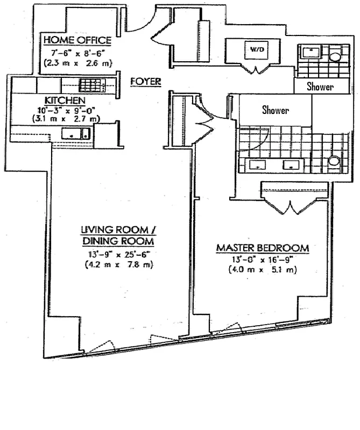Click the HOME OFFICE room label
(x=77, y=40)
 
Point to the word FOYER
(x=146, y=82)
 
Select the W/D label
(x=255, y=50)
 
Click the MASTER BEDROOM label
(x=262, y=248)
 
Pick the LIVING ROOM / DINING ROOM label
(x=117, y=235)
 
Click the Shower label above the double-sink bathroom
(x=275, y=111)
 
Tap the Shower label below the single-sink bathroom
(x=320, y=86)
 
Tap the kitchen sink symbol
(x=75, y=134)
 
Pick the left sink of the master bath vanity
(x=259, y=165)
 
